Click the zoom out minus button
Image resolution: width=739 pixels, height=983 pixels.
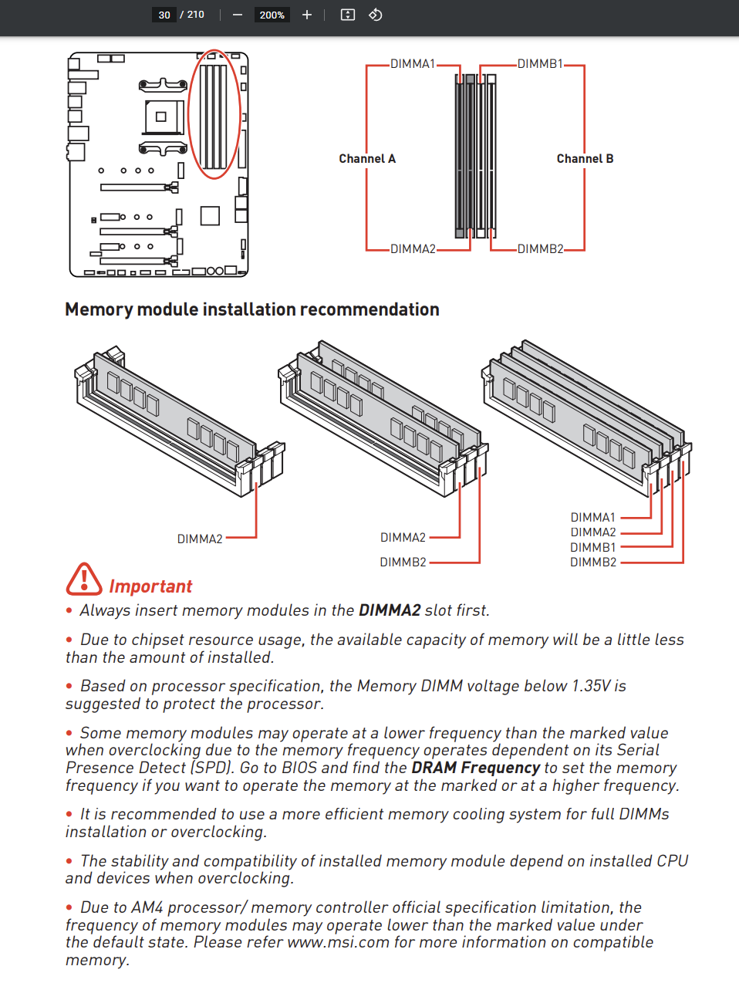238,15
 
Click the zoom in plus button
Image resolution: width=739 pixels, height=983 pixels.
307,15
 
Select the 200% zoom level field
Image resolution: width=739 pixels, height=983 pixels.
272,15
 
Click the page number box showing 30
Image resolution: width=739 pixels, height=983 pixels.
164,15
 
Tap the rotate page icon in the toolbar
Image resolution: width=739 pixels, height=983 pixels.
375,15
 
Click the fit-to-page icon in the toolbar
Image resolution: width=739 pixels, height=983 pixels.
348,15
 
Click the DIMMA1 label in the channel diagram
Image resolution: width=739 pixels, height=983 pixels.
413,64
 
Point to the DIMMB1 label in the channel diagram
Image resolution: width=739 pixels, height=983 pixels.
540,64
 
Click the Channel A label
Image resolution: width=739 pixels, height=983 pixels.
367,159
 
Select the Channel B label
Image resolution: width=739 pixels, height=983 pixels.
585,159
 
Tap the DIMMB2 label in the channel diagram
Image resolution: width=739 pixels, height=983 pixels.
540,249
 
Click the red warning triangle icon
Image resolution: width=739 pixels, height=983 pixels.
84,579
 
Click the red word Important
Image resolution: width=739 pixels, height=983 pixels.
150,586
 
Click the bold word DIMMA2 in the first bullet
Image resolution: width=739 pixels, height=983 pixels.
390,610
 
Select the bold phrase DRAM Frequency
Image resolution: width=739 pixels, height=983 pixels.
475,768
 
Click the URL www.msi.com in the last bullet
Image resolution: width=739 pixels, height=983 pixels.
338,942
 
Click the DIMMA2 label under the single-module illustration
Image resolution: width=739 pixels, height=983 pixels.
200,539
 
